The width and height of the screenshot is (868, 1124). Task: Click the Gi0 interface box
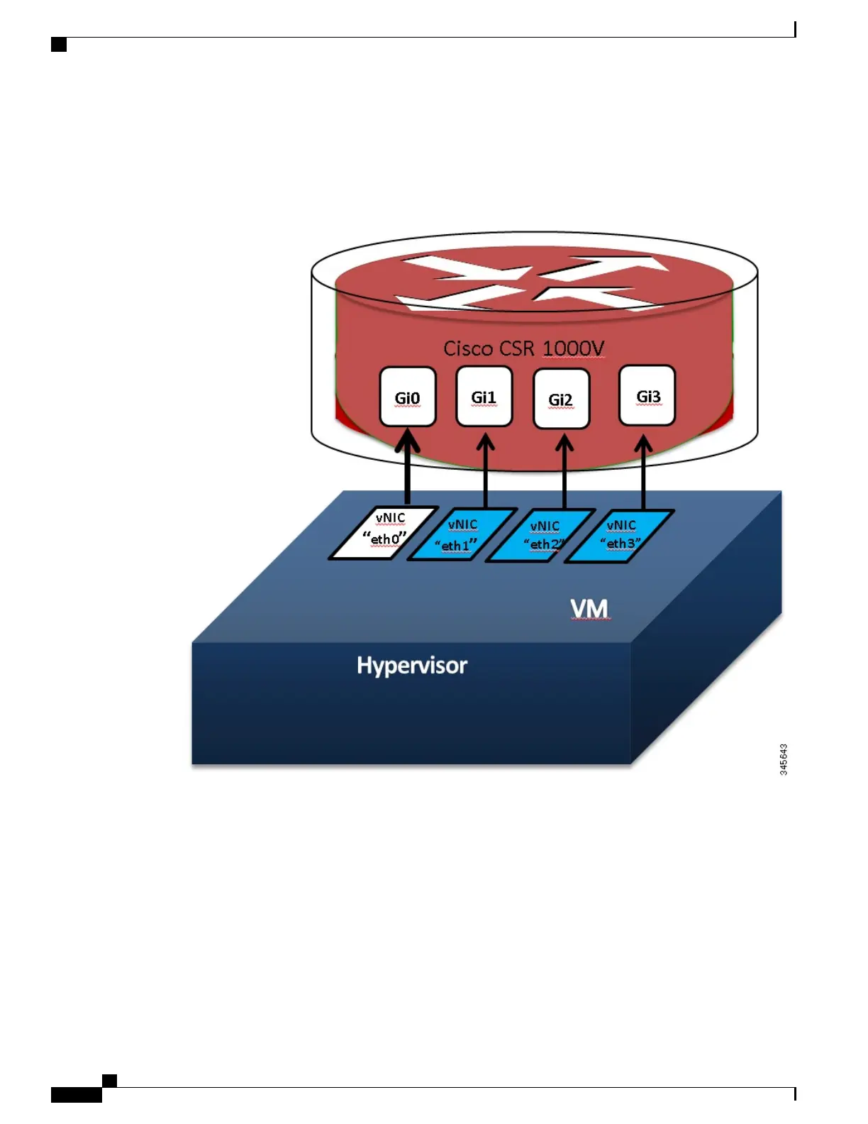click(x=407, y=397)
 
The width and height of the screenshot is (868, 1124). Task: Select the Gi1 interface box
click(x=484, y=396)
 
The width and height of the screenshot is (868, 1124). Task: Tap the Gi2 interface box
click(x=561, y=399)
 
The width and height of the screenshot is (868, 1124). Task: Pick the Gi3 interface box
click(x=647, y=395)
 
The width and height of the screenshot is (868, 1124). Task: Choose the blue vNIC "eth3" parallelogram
click(x=619, y=536)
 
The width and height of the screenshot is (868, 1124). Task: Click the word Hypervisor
click(x=412, y=666)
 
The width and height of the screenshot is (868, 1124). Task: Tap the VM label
click(x=589, y=609)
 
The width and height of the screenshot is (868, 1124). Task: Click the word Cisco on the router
click(x=468, y=348)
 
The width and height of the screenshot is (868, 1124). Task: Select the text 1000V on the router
click(x=574, y=348)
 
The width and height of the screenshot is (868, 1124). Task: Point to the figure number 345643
click(x=784, y=759)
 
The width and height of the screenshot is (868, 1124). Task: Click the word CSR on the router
click(x=518, y=348)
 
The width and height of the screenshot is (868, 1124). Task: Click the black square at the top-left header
click(x=60, y=45)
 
